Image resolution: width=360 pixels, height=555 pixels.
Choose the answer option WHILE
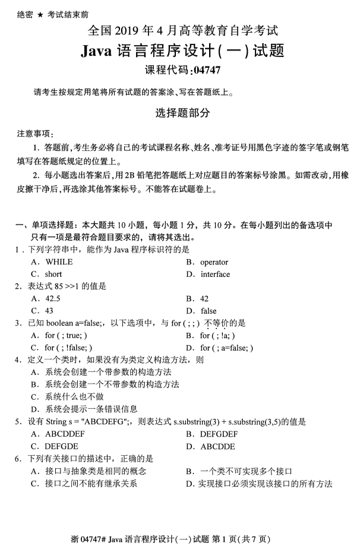point(59,261)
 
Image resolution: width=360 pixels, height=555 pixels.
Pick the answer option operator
point(214,261)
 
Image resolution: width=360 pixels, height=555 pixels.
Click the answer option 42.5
point(53,298)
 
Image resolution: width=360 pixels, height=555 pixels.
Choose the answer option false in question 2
point(209,311)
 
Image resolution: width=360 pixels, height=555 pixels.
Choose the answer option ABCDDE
point(218,446)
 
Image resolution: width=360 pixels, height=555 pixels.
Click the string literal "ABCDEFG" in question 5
point(105,422)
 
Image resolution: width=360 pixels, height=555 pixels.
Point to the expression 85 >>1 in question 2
point(66,286)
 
